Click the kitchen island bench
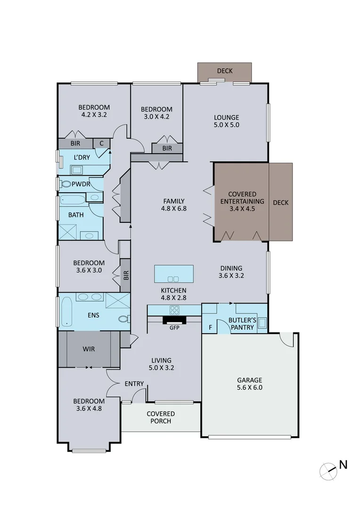click(x=174, y=273)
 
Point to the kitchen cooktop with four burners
click(x=174, y=310)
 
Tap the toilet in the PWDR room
click(x=66, y=184)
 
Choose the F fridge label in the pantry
click(x=210, y=327)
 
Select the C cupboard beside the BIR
click(x=101, y=143)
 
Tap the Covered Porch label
click(x=160, y=417)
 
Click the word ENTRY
click(x=134, y=384)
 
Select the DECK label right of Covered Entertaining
click(x=280, y=203)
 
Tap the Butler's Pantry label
click(x=242, y=323)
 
